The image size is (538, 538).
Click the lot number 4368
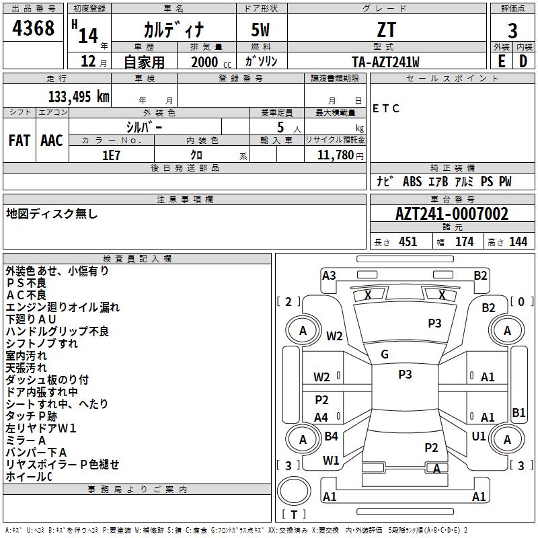(x=33, y=28)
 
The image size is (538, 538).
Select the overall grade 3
(x=512, y=31)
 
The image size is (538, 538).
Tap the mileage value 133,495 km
(x=79, y=97)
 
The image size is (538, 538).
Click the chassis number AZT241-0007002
(x=452, y=214)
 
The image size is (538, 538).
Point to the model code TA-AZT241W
(x=385, y=62)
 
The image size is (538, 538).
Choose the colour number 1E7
(x=111, y=155)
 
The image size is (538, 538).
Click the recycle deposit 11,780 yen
(x=340, y=155)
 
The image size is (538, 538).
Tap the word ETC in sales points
(x=385, y=108)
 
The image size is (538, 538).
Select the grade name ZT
(x=387, y=30)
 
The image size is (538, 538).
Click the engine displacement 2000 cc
(x=211, y=63)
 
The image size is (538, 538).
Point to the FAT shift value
(x=20, y=141)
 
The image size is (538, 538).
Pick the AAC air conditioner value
(x=52, y=141)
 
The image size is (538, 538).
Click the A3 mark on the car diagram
(x=329, y=276)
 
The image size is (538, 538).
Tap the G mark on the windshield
(x=385, y=354)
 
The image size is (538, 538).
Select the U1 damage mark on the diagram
(x=478, y=436)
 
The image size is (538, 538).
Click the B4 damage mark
(x=331, y=436)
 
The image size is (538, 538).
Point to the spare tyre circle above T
(x=294, y=490)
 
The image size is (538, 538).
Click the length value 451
(x=408, y=242)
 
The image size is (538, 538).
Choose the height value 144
(x=518, y=242)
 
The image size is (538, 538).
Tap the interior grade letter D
(x=523, y=61)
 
